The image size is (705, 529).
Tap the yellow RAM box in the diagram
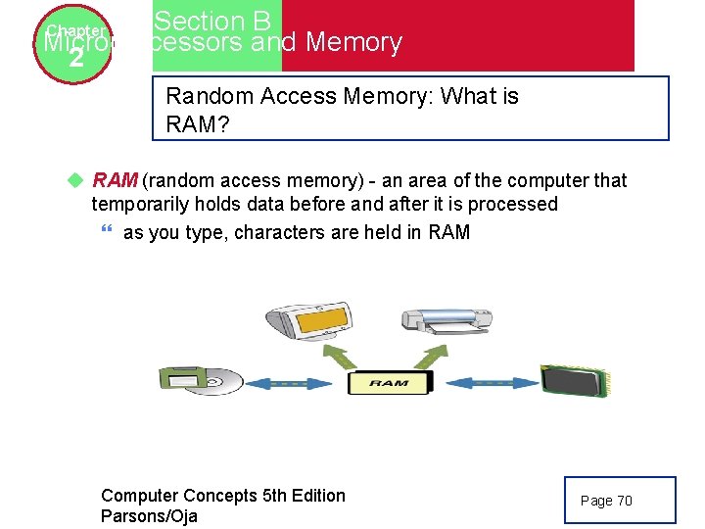coord(389,383)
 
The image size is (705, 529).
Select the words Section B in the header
coord(212,21)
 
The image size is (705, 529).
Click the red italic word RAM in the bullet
coord(115,180)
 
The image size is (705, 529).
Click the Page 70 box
coord(620,500)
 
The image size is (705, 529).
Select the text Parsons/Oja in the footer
coord(149,516)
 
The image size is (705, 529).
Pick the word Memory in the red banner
coord(353,43)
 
